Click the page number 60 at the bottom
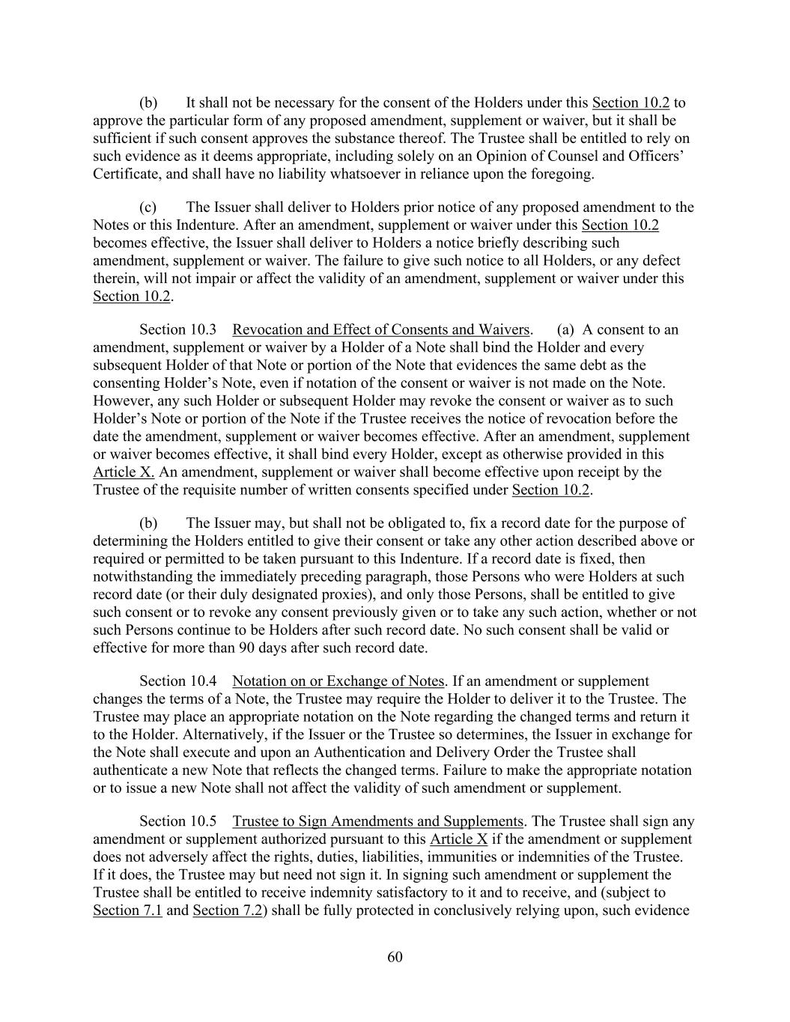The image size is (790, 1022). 395,957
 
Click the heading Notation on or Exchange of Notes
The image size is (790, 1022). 338,681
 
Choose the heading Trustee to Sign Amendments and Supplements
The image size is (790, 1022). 377,821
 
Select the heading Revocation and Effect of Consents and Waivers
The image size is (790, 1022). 381,330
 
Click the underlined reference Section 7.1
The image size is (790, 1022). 127,911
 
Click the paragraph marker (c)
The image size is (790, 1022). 148,207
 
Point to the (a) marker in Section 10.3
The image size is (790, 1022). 566,330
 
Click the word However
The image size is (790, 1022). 120,401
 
